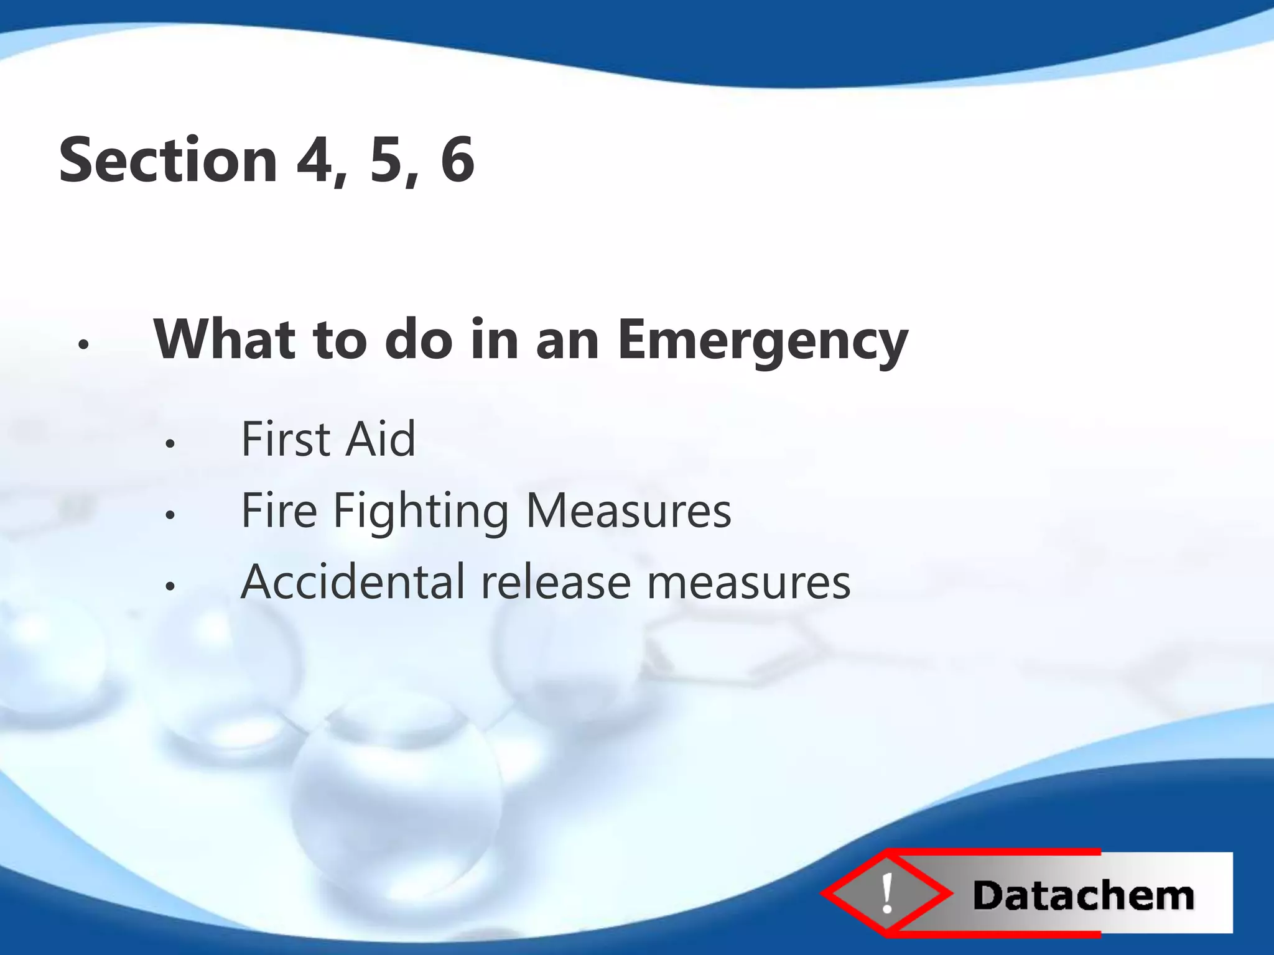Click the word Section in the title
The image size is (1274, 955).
[x=168, y=160]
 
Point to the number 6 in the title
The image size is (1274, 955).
[x=457, y=160]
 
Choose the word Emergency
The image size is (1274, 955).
[x=763, y=341]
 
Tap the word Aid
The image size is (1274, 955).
[x=381, y=439]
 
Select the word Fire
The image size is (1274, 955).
[x=279, y=510]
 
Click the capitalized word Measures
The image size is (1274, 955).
[x=628, y=510]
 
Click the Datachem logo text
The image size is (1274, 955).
[x=1083, y=896]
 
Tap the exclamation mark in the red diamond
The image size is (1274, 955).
[x=888, y=893]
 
